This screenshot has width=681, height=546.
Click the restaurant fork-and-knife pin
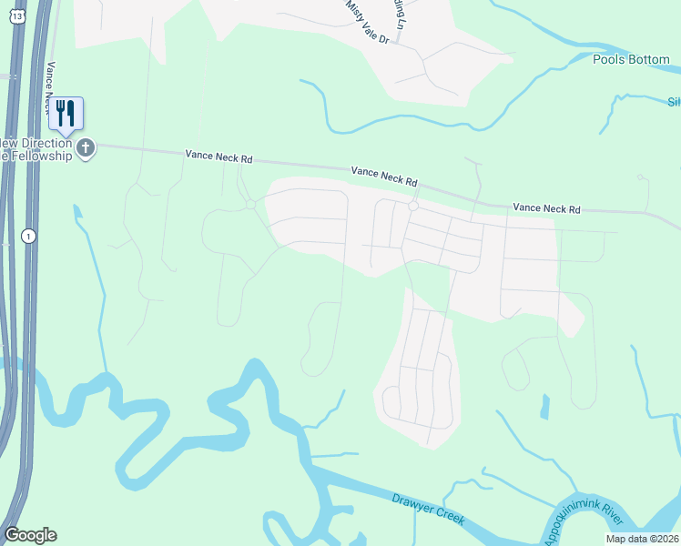coord(66,113)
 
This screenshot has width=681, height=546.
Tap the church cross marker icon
coord(86,147)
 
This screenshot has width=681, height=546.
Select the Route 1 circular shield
coord(30,235)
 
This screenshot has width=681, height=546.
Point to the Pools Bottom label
coord(631,60)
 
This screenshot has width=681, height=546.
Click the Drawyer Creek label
coord(429,509)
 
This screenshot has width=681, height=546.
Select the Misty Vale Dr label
coord(367,21)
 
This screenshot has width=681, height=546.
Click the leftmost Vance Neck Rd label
coord(219,157)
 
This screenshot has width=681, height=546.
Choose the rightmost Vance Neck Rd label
coord(546,208)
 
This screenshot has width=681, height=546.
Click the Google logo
coord(30,535)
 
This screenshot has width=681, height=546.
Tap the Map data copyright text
coord(643,539)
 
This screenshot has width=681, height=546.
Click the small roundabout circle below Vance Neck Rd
coord(412,207)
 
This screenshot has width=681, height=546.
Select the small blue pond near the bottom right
coord(544,406)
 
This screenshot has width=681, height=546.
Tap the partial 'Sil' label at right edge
coord(674,102)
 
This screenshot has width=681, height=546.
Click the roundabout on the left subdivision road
coord(249,204)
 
